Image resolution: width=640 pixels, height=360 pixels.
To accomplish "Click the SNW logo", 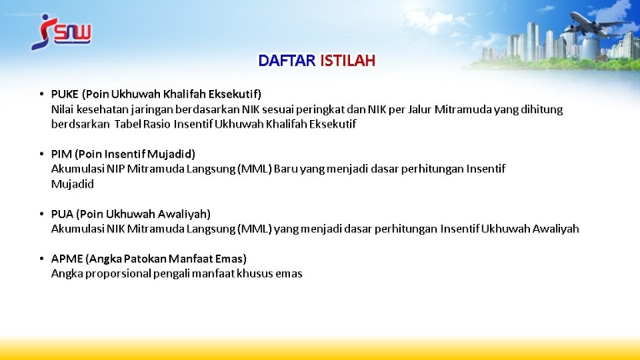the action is pos(61,32).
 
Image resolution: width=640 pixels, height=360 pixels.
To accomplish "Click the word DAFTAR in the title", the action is pos(287,61).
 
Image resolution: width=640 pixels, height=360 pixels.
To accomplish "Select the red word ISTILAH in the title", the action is pos(347,61).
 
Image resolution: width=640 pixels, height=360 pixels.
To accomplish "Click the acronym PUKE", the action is pos(64,94).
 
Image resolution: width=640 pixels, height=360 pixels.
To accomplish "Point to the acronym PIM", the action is pos(61,154).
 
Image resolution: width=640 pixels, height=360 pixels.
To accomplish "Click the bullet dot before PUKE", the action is pos(42,94).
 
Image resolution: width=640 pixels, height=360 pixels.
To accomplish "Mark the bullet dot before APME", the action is pos(42,259).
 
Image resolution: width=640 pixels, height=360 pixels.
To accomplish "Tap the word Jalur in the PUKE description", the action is pos(419,109).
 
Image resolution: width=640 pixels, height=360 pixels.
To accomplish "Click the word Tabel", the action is pos(127,124).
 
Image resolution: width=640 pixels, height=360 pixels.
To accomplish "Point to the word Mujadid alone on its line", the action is pos(72,184).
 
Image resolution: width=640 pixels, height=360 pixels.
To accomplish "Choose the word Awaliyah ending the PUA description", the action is pos(556,229).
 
